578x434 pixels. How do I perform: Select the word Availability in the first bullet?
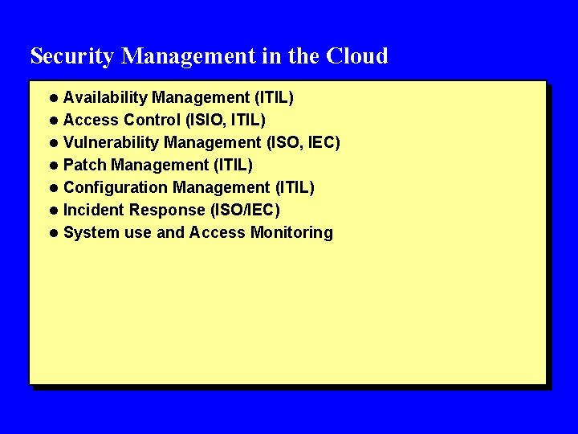tap(105, 98)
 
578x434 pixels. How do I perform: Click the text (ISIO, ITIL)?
tap(226, 121)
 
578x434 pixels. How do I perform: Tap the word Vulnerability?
tap(111, 143)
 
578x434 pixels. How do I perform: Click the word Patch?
tap(85, 166)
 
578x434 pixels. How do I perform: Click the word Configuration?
tap(116, 188)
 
